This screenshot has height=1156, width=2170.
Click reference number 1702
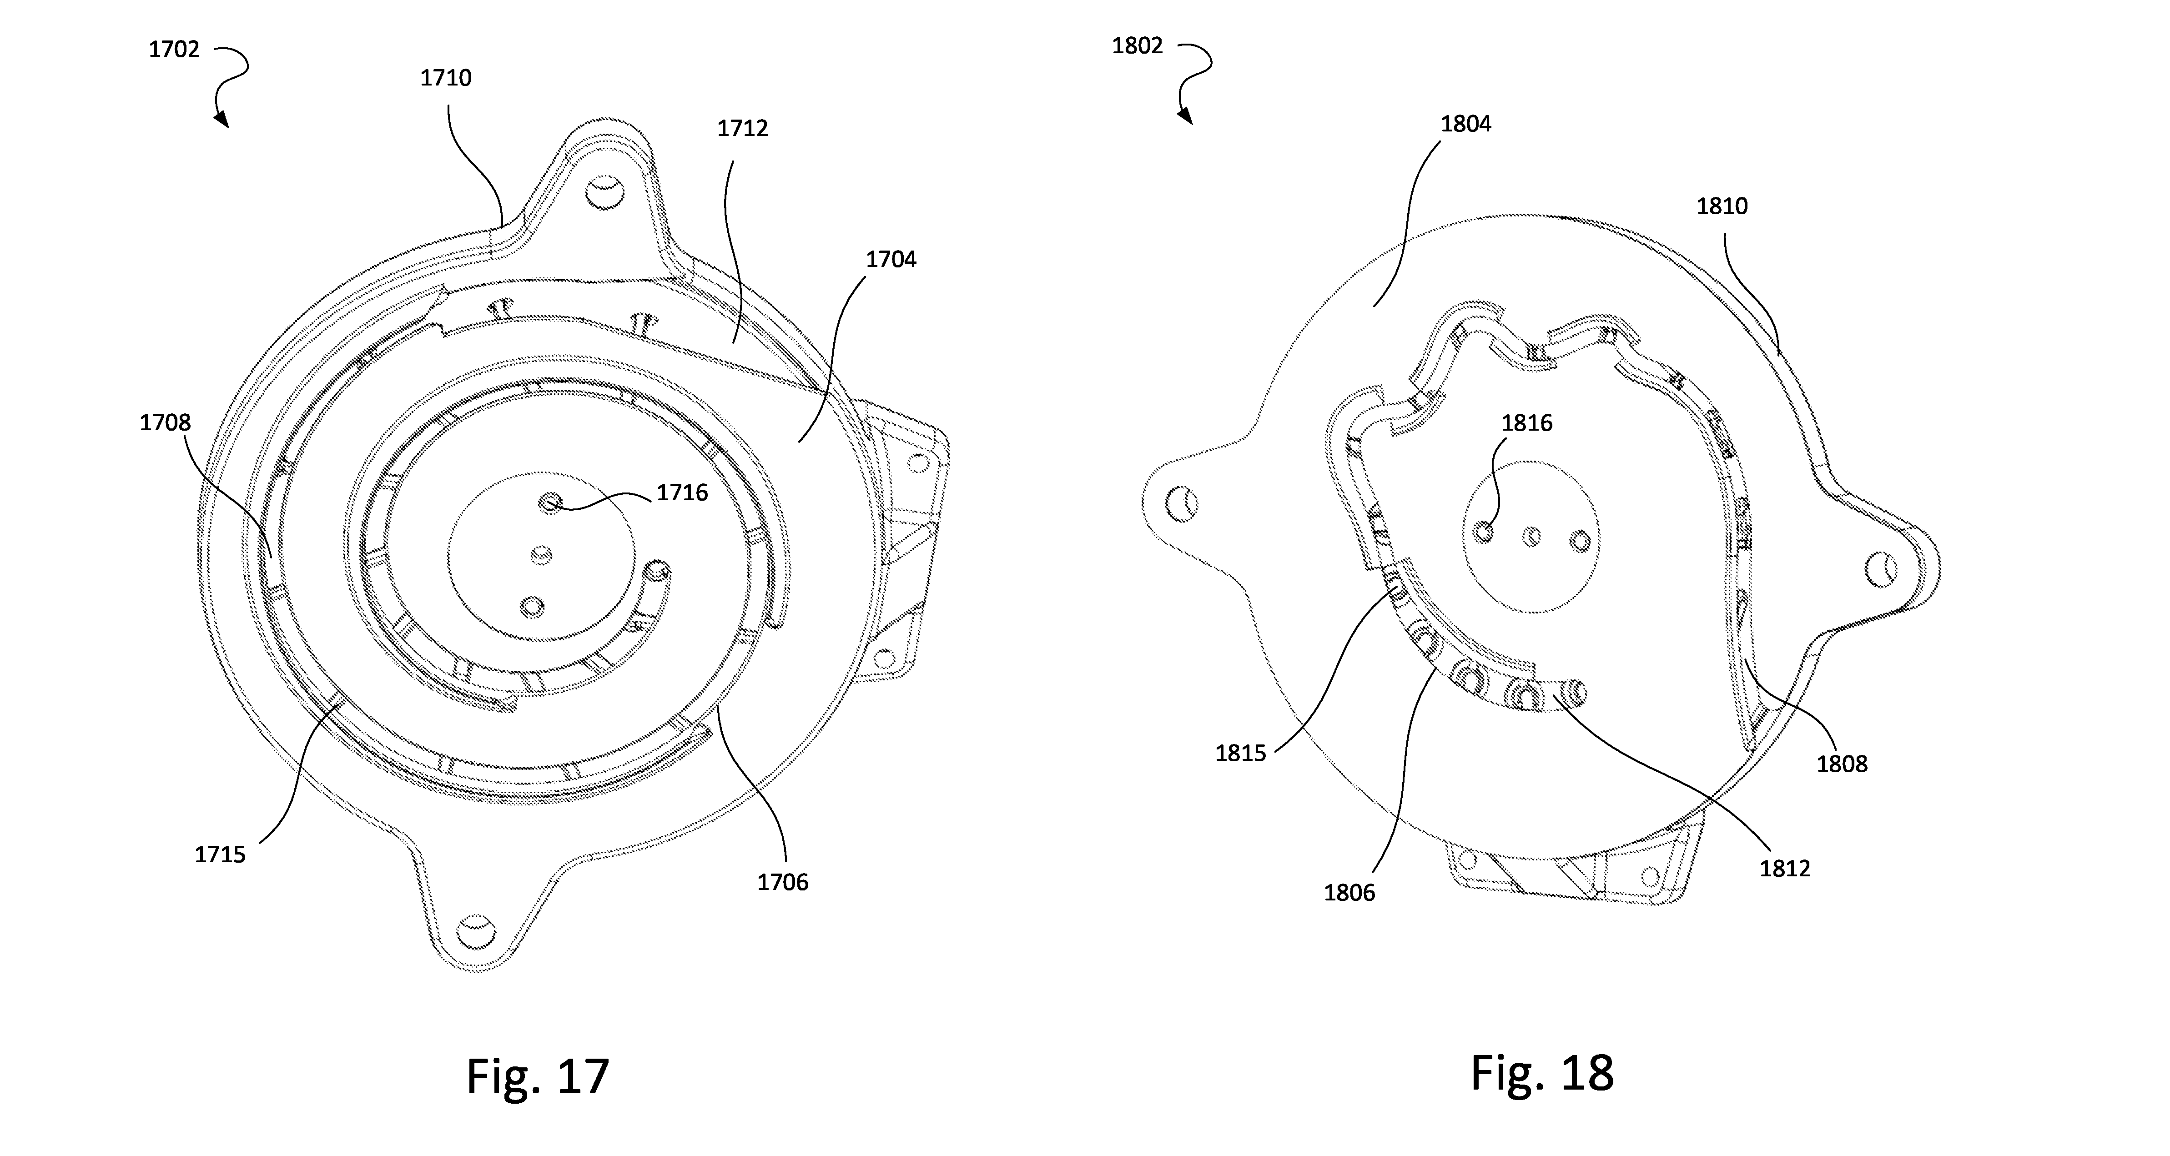(174, 49)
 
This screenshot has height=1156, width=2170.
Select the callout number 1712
(742, 128)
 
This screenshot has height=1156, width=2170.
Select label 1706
(783, 882)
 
